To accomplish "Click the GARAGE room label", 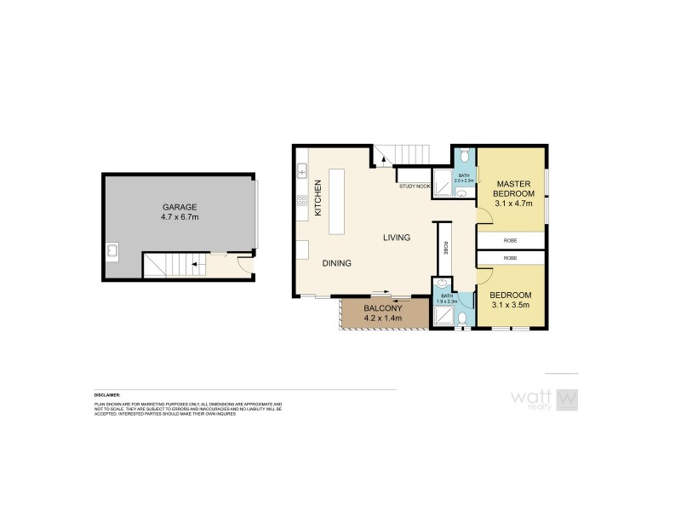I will (180, 207).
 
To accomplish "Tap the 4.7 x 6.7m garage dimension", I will (180, 217).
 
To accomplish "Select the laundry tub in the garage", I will (112, 251).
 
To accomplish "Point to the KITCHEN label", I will (318, 197).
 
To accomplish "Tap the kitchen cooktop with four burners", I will (301, 201).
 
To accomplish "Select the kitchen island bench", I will (338, 201).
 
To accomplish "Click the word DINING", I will (337, 263).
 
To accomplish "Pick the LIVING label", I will (397, 238).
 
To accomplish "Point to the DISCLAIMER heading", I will (107, 395).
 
